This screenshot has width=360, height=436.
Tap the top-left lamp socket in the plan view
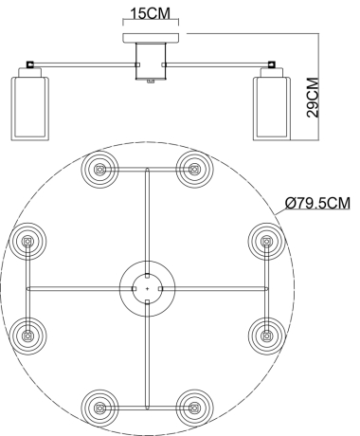(100, 170)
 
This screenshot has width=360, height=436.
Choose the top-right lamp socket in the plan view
(195, 170)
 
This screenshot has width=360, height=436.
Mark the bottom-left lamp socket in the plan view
(100, 408)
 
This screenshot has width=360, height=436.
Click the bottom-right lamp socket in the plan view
(195, 408)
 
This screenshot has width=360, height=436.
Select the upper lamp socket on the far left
(28, 242)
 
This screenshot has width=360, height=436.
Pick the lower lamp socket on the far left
(28, 333)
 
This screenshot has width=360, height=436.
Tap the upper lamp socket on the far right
(267, 242)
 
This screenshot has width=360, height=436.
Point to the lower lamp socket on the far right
(267, 333)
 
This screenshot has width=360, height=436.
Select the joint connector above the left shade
(30, 65)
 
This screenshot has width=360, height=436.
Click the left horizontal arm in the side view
(85, 64)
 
